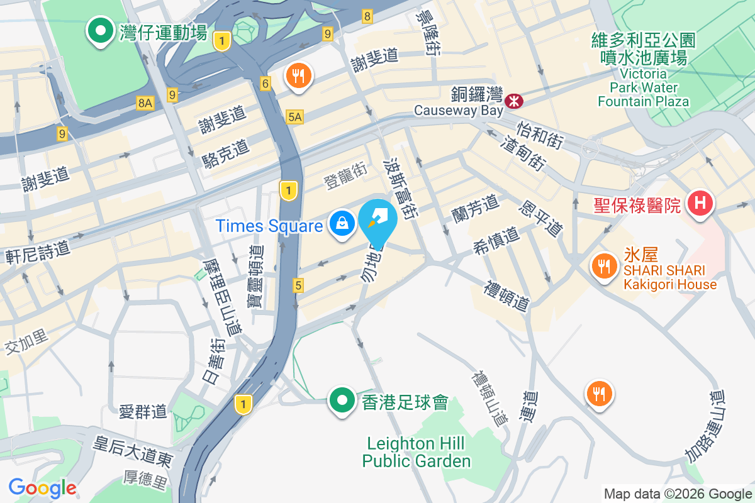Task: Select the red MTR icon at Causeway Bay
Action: (x=515, y=100)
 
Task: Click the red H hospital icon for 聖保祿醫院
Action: (x=700, y=203)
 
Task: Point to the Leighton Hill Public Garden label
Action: (x=417, y=453)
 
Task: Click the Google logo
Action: (x=42, y=488)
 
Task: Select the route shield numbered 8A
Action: (x=145, y=103)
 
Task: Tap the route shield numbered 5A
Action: (x=294, y=116)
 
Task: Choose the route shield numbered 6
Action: (x=266, y=83)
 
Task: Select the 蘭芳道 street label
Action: (x=475, y=208)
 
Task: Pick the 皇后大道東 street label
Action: (x=133, y=451)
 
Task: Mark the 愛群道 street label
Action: (x=143, y=412)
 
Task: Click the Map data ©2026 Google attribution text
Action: (x=678, y=494)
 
